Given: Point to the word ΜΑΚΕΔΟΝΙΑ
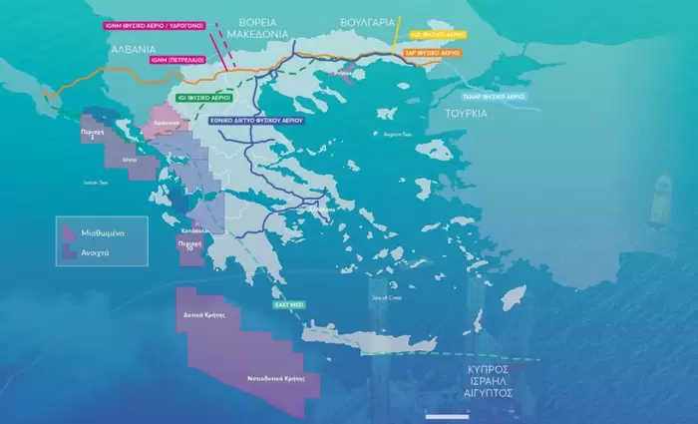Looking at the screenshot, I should click(257, 33).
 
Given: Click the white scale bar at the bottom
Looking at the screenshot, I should click(447, 414).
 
